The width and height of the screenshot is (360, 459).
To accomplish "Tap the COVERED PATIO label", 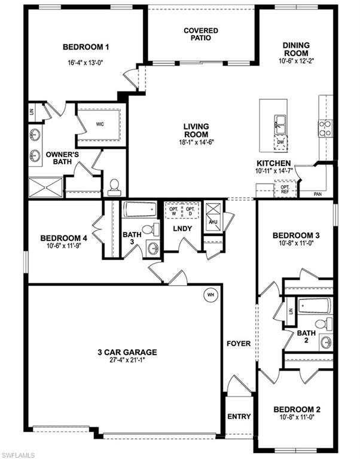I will pyautogui.click(x=201, y=34).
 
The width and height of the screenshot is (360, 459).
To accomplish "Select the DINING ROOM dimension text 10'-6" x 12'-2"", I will pyautogui.click(x=296, y=60).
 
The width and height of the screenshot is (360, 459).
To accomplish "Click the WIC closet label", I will pyautogui.click(x=99, y=125).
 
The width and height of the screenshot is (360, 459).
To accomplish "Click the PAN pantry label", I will pyautogui.click(x=318, y=194).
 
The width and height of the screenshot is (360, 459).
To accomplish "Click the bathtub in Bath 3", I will pyautogui.click(x=140, y=211).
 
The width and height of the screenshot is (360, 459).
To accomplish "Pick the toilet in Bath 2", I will pyautogui.click(x=323, y=324).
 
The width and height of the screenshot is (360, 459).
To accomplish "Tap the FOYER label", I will pyautogui.click(x=238, y=344).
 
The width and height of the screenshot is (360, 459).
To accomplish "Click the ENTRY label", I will pyautogui.click(x=238, y=417).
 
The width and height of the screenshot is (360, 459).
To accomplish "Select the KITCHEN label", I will pyautogui.click(x=274, y=163).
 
